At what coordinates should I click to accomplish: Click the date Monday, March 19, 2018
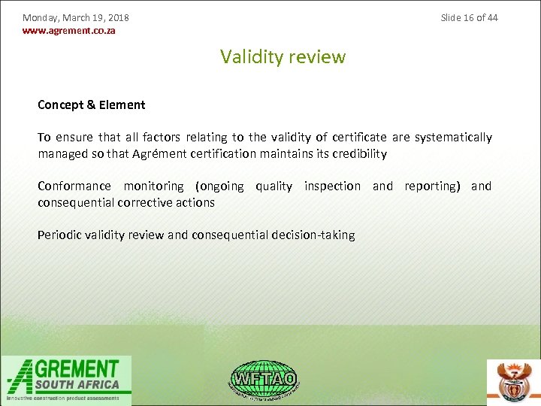(76, 17)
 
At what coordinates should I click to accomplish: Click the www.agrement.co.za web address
(69, 31)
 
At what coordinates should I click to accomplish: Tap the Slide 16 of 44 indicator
(469, 17)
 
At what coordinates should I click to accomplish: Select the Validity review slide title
(283, 57)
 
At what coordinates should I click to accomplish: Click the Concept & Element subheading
(92, 105)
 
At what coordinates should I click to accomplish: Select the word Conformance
(74, 186)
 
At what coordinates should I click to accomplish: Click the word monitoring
(153, 186)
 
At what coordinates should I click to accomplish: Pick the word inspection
(332, 186)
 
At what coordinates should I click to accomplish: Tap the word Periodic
(59, 235)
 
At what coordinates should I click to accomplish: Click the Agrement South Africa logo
(66, 380)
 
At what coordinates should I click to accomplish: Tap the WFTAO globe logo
(263, 379)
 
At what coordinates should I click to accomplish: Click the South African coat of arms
(514, 382)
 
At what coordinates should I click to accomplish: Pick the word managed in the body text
(62, 154)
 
